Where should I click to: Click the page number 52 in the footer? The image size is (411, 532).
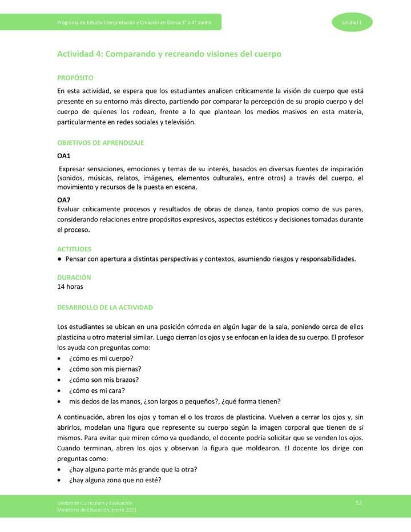coord(358,502)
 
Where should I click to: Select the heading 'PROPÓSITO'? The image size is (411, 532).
coord(75,78)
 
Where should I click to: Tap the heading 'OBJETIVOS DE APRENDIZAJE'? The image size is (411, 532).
coord(100,143)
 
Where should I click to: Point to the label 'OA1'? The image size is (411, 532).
coord(64,155)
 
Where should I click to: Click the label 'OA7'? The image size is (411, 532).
coord(64,200)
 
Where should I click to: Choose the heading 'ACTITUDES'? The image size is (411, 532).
coord(74,249)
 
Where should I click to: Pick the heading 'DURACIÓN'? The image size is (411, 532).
coord(74,277)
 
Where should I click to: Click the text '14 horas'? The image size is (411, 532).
coord(70,287)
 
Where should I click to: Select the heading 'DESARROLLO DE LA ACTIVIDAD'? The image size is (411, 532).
coord(105,308)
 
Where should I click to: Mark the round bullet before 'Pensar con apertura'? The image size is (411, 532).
coord(60,259)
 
